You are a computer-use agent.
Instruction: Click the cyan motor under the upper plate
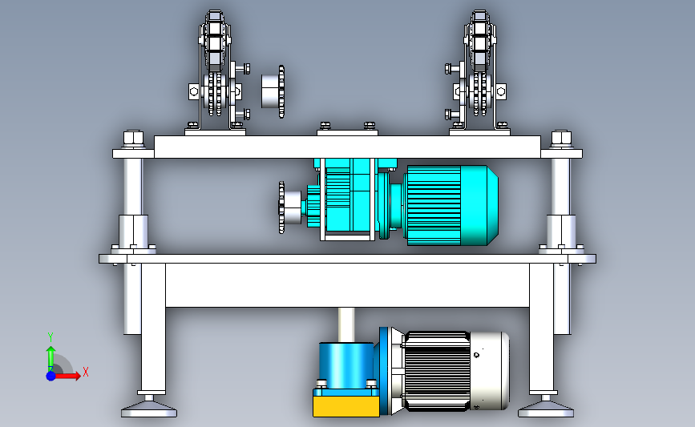pos(452,205)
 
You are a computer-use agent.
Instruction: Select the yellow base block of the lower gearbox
pos(346,406)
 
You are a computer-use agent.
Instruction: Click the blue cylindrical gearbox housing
pos(346,365)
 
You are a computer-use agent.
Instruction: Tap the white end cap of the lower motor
pos(489,370)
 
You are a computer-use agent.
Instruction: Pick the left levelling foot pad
pos(149,409)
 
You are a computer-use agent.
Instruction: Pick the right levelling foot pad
pos(546,409)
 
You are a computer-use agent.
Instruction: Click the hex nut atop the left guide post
pos(133,139)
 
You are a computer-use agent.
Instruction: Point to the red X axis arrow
pos(67,376)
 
